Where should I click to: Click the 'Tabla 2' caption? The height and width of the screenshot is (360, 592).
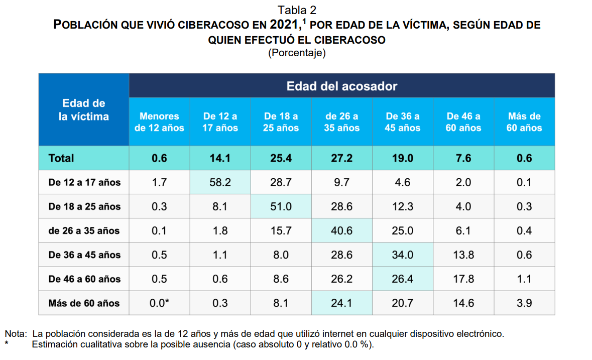pyautogui.click(x=297, y=10)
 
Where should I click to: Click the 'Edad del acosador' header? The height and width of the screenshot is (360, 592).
pyautogui.click(x=341, y=86)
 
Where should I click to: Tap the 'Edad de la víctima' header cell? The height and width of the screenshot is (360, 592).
pyautogui.click(x=83, y=109)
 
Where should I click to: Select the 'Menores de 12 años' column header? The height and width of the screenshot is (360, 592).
pyautogui.click(x=159, y=122)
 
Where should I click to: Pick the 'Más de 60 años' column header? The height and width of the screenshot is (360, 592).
pyautogui.click(x=524, y=122)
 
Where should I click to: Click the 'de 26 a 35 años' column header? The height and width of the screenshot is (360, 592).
pyautogui.click(x=341, y=122)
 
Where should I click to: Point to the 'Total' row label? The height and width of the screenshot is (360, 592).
pyautogui.click(x=61, y=158)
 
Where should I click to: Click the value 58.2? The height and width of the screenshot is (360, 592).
pyautogui.click(x=220, y=182)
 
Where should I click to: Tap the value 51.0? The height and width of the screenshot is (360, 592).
pyautogui.click(x=281, y=206)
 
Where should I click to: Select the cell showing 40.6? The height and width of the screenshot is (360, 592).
pyautogui.click(x=341, y=230)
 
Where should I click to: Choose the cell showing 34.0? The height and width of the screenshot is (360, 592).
pyautogui.click(x=402, y=255)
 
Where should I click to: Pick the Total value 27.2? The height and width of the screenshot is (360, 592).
pyautogui.click(x=341, y=158)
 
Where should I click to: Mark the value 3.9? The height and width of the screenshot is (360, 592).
pyautogui.click(x=524, y=303)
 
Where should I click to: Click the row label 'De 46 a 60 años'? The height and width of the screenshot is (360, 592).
pyautogui.click(x=84, y=279)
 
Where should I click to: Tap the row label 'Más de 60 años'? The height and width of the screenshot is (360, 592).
pyautogui.click(x=84, y=303)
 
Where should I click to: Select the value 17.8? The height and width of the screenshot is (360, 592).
pyautogui.click(x=463, y=279)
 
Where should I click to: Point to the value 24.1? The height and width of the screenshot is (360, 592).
pyautogui.click(x=341, y=303)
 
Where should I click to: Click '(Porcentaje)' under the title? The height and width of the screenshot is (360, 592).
pyautogui.click(x=297, y=53)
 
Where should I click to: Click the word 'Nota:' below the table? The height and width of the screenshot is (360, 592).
pyautogui.click(x=16, y=333)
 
